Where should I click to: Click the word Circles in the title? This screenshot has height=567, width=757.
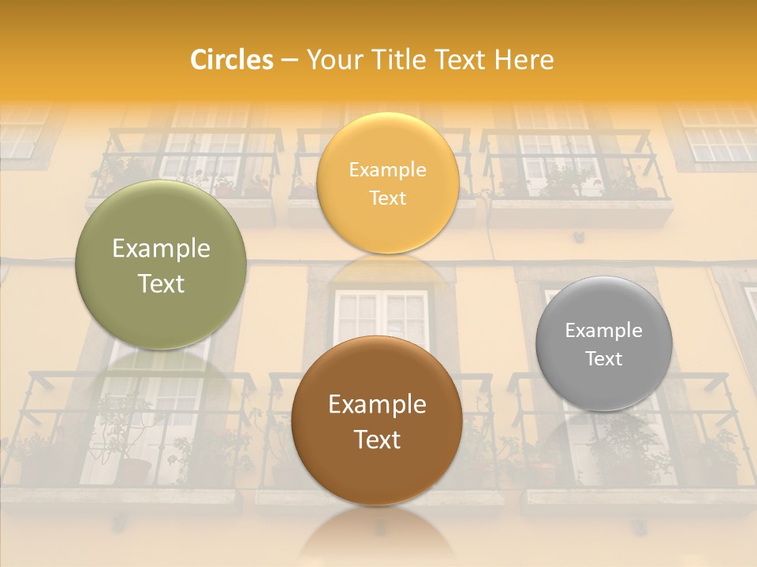[232, 60]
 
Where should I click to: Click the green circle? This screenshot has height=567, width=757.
[161, 265]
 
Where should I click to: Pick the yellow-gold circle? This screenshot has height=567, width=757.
[387, 183]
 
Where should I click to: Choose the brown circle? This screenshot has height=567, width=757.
[377, 421]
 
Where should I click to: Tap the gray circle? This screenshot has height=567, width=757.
[604, 343]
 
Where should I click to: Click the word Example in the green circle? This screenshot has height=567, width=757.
[161, 249]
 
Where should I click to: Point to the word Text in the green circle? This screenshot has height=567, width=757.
[161, 283]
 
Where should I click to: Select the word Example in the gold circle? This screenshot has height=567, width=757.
[387, 170]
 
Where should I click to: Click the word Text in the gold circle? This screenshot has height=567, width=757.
[387, 198]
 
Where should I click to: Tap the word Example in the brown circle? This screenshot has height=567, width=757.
[377, 405]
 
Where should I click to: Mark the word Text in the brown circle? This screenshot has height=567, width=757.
[377, 439]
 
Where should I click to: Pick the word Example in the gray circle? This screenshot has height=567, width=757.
[604, 331]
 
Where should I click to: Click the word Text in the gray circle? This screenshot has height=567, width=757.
[604, 359]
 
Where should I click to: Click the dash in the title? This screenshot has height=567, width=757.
[289, 61]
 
